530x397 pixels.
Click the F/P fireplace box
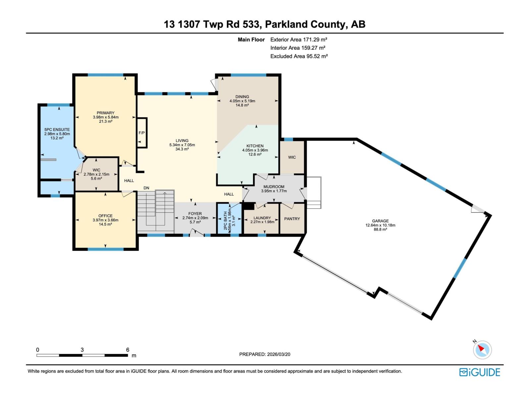pyautogui.click(x=142, y=133)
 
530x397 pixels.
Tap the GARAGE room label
pyautogui.click(x=380, y=221)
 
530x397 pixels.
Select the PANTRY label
pyautogui.click(x=292, y=219)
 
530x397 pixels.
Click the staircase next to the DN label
pyautogui.click(x=156, y=212)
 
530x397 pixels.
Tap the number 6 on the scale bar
pyautogui.click(x=128, y=350)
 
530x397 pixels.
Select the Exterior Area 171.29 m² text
pyautogui.click(x=299, y=39)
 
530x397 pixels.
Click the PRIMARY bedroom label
pyautogui.click(x=106, y=113)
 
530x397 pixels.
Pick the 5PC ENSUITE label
pyautogui.click(x=57, y=130)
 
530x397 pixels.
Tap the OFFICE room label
pyautogui.click(x=105, y=216)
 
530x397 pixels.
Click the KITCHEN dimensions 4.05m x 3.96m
pyautogui.click(x=255, y=150)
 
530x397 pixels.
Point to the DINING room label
pyautogui.click(x=242, y=97)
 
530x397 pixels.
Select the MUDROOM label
pyautogui.click(x=274, y=187)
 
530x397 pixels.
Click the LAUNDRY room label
pyautogui.click(x=262, y=218)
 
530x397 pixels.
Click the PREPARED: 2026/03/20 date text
pyautogui.click(x=265, y=354)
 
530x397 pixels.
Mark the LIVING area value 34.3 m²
pyautogui.click(x=182, y=149)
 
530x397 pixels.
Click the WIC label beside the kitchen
pyautogui.click(x=292, y=157)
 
